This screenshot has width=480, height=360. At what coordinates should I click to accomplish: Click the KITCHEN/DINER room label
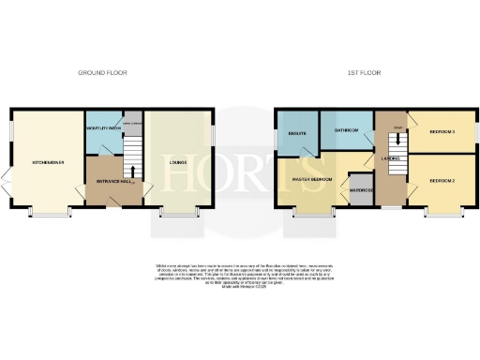click(x=47, y=161)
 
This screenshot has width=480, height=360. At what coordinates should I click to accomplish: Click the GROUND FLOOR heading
click(x=102, y=72)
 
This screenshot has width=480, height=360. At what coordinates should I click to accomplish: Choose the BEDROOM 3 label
click(x=442, y=132)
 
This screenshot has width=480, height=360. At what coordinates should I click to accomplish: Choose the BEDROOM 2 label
click(x=442, y=179)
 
